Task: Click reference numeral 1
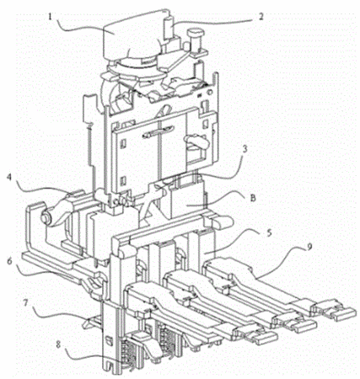50,17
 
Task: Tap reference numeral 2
261,17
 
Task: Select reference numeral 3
244,149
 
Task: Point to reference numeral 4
9,179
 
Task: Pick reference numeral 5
269,233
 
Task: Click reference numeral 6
10,261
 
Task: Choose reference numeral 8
58,345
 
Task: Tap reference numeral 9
309,247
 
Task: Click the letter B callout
253,198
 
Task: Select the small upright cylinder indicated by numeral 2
169,28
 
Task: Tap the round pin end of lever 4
46,217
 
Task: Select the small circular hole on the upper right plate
209,92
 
